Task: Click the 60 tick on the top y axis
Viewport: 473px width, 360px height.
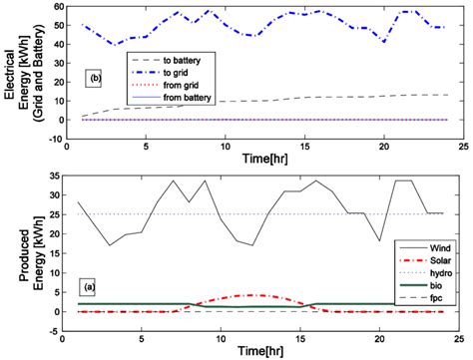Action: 60,7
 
